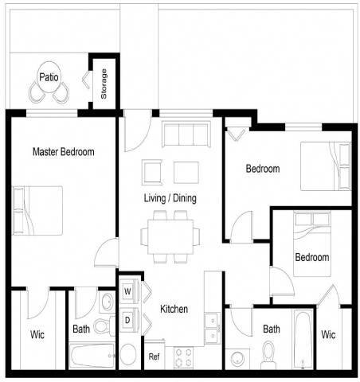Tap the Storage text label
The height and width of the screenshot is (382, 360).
pyautogui.click(x=104, y=84)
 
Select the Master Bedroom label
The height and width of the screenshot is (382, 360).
pyautogui.click(x=63, y=151)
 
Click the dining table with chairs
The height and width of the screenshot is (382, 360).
pyautogui.click(x=170, y=235)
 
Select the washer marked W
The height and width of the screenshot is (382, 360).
pyautogui.click(x=127, y=290)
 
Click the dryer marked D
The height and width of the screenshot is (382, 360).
pyautogui.click(x=127, y=319)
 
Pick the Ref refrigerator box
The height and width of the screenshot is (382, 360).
pyautogui.click(x=154, y=357)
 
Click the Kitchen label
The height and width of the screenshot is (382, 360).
pyautogui.click(x=174, y=309)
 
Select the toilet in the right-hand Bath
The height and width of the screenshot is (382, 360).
pyautogui.click(x=268, y=350)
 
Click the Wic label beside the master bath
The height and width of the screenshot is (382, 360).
pyautogui.click(x=37, y=334)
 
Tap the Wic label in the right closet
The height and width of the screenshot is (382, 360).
pyautogui.click(x=328, y=334)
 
